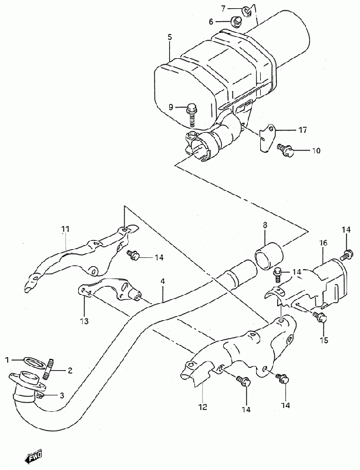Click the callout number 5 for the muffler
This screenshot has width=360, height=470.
[x=170, y=38]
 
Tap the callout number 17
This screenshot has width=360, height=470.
[x=302, y=130]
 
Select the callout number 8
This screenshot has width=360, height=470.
[x=265, y=225]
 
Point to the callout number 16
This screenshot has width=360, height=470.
[x=323, y=243]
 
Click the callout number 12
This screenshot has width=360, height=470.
[x=203, y=407]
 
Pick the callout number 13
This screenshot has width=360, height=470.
[x=84, y=321]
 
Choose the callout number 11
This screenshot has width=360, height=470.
[x=65, y=229]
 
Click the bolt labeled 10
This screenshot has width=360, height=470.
[x=285, y=149]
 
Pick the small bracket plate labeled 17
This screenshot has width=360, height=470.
[x=265, y=137]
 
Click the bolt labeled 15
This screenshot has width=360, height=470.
[x=319, y=317]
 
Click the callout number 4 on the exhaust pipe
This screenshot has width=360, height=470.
[x=163, y=281]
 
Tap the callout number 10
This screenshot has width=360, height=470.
[x=316, y=150]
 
